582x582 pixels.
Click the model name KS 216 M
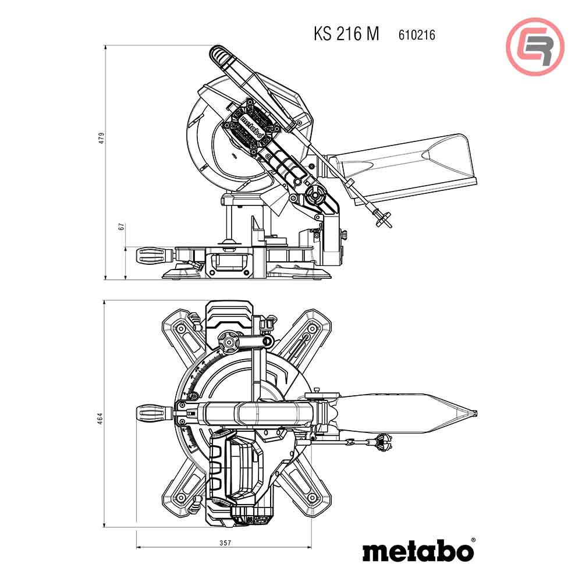pyautogui.click(x=346, y=34)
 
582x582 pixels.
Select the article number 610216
pyautogui.click(x=417, y=35)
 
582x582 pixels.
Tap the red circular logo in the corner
pyautogui.click(x=535, y=47)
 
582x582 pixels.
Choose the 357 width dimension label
pyautogui.click(x=224, y=543)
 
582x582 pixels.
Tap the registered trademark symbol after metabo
pyautogui.click(x=473, y=540)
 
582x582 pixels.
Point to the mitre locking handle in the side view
pyautogui.click(x=155, y=255)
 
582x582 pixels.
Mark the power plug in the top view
pyautogui.click(x=382, y=445)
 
